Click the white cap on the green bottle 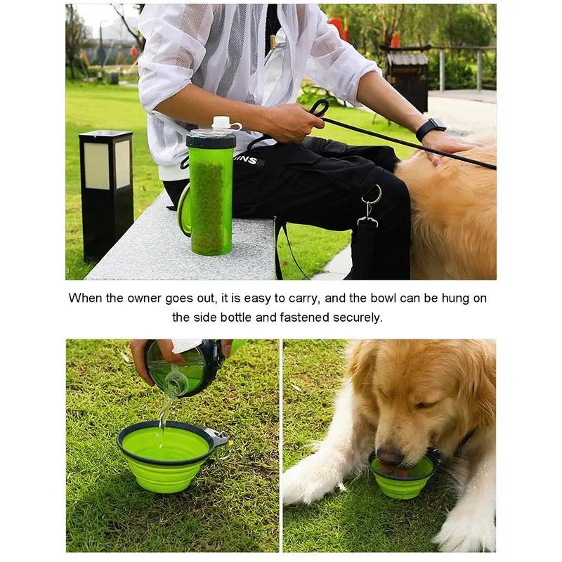click(x=221, y=122)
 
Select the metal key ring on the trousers click(x=372, y=195)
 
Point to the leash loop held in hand click(x=319, y=107)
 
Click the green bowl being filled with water click(x=166, y=456)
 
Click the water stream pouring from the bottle click(x=166, y=413)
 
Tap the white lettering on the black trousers click(x=248, y=159)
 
